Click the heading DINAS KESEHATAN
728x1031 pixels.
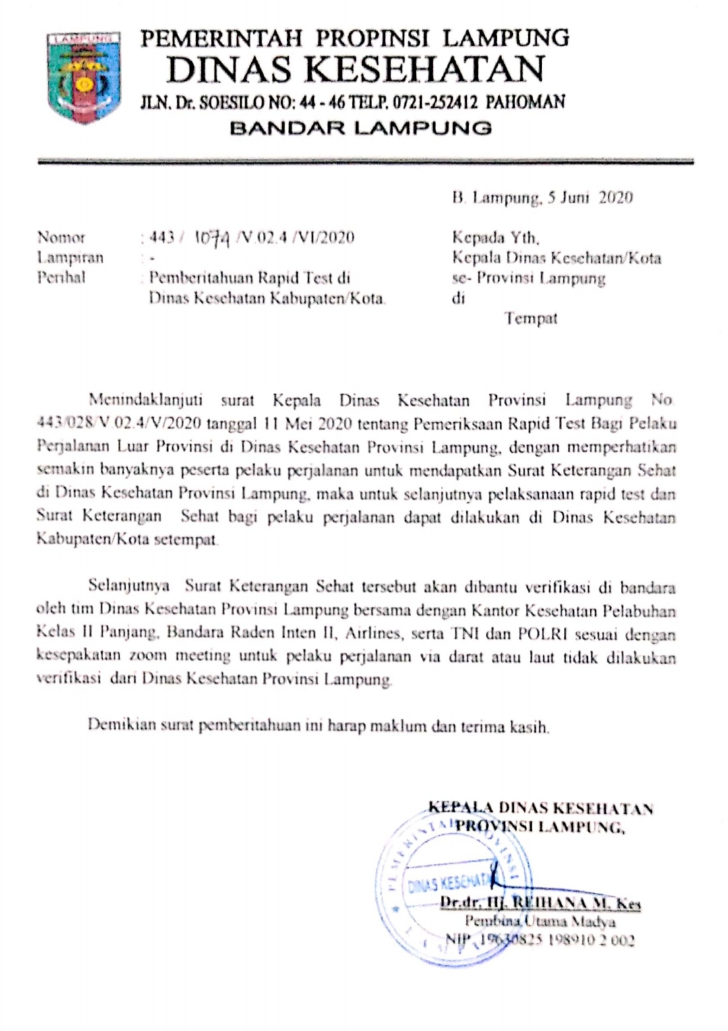click(x=355, y=69)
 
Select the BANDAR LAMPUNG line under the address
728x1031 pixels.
click(x=361, y=127)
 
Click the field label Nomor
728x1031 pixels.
click(x=61, y=237)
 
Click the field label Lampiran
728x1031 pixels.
click(x=70, y=257)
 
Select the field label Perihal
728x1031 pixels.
click(x=61, y=277)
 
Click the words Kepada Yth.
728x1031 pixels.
click(x=495, y=237)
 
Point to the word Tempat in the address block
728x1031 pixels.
click(x=531, y=318)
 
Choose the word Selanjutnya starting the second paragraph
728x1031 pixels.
click(x=129, y=586)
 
